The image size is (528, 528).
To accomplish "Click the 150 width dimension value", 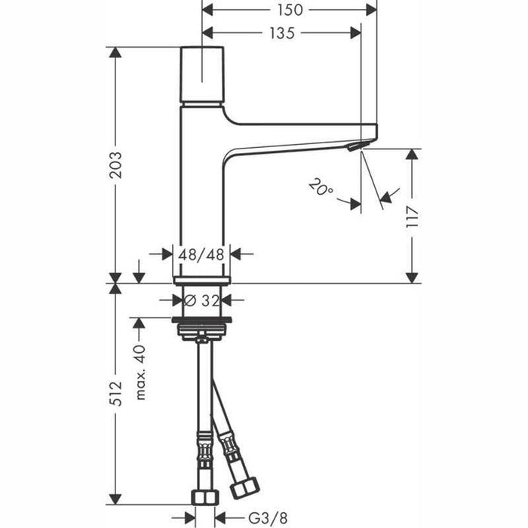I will [x=290, y=10].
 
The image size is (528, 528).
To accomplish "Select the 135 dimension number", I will [x=281, y=33].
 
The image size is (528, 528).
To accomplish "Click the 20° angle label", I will [x=321, y=187].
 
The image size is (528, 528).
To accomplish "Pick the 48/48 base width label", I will [x=202, y=254].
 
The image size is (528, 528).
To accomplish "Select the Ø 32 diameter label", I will [x=201, y=299].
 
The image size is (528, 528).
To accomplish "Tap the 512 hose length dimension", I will [x=115, y=396].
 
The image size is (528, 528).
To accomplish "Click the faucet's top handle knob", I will [x=202, y=75].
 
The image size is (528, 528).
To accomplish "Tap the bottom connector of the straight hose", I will [x=201, y=497].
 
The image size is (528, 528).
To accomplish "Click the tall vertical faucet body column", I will [x=201, y=196].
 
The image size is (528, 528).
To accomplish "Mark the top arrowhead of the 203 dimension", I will [x=115, y=52].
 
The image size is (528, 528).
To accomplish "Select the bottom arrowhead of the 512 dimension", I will [x=115, y=501].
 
